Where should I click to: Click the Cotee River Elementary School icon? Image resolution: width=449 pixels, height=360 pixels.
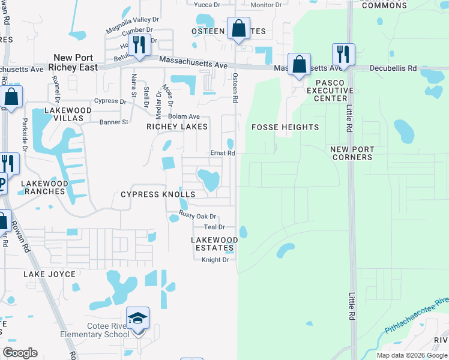coord(137,319)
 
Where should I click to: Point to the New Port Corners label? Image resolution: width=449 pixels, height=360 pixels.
coord(351,153)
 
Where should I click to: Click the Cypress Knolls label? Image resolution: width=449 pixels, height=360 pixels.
coord(158,194)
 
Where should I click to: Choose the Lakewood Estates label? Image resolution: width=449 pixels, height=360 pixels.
coord(214,244)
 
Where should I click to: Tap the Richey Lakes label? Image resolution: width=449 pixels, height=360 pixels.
coord(178,127)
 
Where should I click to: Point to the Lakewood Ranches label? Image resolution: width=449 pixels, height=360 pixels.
coord(43,187)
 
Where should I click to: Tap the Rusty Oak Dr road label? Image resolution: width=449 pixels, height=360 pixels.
coord(197,216)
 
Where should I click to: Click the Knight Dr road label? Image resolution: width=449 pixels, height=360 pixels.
coord(215,260)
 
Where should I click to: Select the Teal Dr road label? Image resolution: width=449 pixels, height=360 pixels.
coord(214,227)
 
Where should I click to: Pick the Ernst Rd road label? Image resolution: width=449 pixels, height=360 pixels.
coord(222,153)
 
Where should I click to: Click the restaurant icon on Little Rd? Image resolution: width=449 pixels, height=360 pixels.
coord(343,55)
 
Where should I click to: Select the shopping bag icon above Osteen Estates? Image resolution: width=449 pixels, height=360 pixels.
coord(239,29)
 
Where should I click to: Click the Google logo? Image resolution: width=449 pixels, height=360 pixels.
coord(20,353)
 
